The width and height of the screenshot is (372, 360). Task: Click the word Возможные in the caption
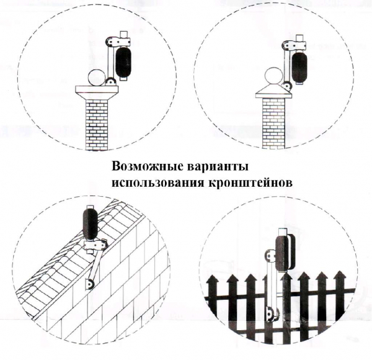tap(148, 167)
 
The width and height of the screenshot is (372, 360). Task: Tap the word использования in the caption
tap(157, 184)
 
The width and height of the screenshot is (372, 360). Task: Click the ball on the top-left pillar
tap(96, 78)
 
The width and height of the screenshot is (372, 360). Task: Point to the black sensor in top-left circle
tap(123, 63)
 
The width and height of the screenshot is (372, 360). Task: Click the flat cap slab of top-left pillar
tap(97, 89)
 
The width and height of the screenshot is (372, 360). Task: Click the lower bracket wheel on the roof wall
tap(90, 284)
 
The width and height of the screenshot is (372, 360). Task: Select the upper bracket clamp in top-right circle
tap(294, 45)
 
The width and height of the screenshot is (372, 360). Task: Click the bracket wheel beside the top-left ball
tap(110, 82)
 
